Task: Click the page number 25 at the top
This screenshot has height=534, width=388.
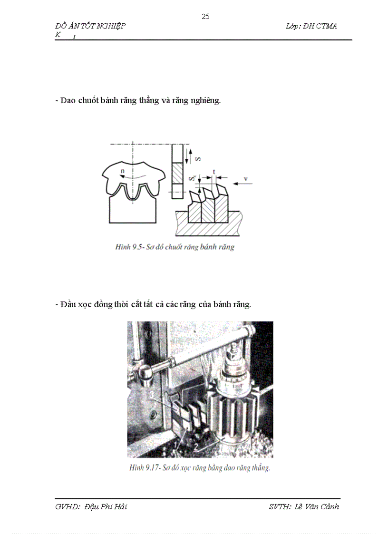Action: pos(205,17)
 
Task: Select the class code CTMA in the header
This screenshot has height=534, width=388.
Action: pos(327,26)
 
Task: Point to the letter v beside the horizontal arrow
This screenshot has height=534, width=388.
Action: pos(246,179)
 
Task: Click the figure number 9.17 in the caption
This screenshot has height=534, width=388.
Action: pos(151,467)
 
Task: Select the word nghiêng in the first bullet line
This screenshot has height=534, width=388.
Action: pos(204,101)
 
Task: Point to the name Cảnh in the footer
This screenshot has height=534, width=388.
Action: pos(328,506)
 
